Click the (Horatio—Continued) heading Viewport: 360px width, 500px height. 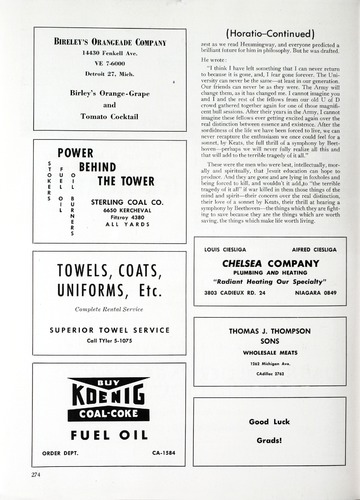coord(269,16)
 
